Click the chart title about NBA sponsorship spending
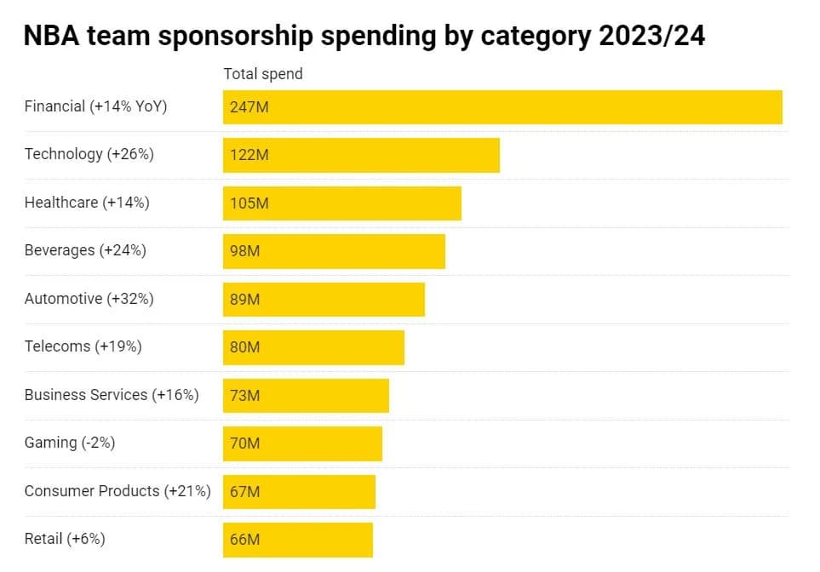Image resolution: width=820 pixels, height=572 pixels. point(364,36)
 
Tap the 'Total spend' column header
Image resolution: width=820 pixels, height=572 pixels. point(263,74)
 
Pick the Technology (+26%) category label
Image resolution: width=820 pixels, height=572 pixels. point(89,154)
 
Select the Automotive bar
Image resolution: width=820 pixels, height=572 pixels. point(341,300)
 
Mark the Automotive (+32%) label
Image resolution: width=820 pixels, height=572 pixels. point(89,299)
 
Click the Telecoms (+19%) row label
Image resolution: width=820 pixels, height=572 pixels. point(83,346)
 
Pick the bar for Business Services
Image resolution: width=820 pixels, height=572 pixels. point(324,396)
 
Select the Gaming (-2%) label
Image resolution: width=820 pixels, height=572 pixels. point(70,443)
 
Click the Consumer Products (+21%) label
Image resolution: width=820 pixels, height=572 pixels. point(118,491)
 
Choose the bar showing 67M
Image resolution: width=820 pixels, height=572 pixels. point(315,492)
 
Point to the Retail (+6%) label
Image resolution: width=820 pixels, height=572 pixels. point(65,539)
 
